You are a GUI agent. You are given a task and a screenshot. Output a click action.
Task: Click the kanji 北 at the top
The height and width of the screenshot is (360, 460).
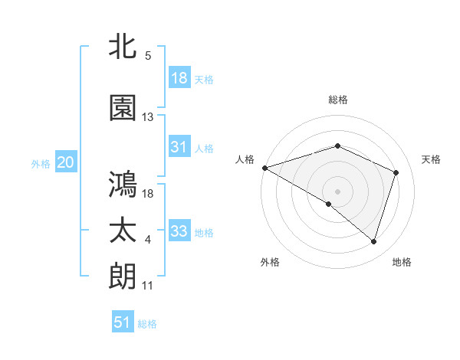click(x=123, y=47)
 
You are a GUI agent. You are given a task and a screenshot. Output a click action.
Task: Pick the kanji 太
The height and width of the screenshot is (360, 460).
click(x=123, y=231)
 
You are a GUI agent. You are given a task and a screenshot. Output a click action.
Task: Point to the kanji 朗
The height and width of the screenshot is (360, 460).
click(x=123, y=276)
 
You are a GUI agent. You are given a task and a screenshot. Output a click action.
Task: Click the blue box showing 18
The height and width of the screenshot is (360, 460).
click(x=179, y=78)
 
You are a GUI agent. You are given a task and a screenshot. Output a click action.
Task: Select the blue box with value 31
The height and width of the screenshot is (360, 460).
click(x=179, y=147)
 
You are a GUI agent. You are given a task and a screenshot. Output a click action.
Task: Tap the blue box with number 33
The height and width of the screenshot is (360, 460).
click(x=179, y=231)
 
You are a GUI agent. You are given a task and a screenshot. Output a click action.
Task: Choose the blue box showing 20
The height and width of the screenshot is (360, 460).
click(x=65, y=162)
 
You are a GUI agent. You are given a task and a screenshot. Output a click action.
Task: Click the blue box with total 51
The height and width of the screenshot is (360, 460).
click(x=123, y=322)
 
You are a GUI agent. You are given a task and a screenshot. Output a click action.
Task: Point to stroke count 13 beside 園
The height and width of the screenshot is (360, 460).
click(x=148, y=117)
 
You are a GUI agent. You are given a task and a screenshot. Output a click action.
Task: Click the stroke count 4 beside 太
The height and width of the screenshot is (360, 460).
click(x=148, y=241)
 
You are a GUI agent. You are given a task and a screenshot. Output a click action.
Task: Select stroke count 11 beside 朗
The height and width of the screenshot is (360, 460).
click(x=148, y=286)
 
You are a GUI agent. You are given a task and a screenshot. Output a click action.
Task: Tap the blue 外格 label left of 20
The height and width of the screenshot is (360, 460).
click(x=41, y=163)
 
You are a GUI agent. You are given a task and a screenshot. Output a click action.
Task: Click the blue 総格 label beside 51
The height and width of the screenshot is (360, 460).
click(x=147, y=324)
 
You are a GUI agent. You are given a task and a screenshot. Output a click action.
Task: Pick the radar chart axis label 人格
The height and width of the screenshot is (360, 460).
click(x=245, y=159)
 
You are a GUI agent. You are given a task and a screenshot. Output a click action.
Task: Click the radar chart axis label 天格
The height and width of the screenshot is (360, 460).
click(x=432, y=159)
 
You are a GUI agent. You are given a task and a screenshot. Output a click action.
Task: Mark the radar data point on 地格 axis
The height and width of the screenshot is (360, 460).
click(x=373, y=242)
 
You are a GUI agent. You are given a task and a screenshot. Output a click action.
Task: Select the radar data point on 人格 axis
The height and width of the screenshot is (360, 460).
click(x=264, y=168)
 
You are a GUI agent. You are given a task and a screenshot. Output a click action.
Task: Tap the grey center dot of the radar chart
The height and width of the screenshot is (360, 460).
click(x=337, y=191)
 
